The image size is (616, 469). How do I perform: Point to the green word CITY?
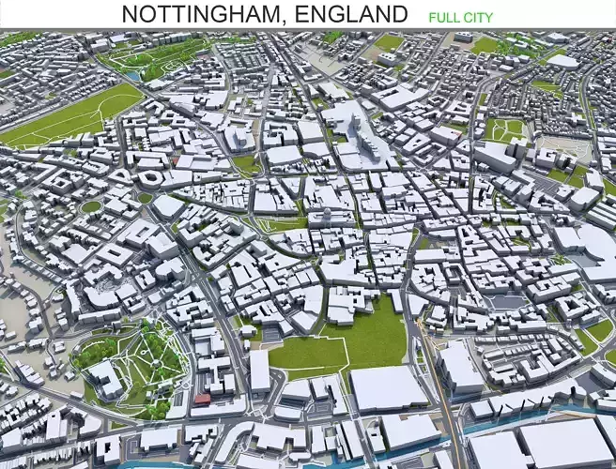[x=478, y=17]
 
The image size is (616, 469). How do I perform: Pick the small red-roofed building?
[x=202, y=399]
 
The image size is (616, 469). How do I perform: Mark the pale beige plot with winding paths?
[x=568, y=150]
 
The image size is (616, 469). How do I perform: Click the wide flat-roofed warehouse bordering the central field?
[x=388, y=386]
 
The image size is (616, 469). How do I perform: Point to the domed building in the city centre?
[x=326, y=214]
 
